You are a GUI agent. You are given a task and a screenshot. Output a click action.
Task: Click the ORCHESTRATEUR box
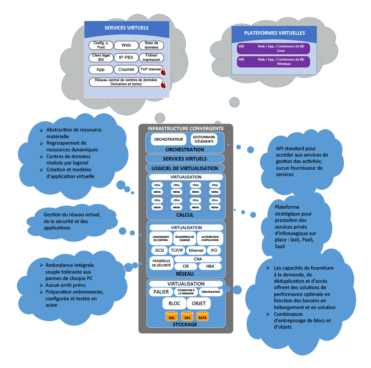(x=168, y=139)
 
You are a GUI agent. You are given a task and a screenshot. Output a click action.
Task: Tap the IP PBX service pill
(x=126, y=57)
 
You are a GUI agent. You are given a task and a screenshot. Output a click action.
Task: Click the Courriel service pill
(x=126, y=69)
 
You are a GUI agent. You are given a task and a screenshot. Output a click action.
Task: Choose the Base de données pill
(x=151, y=45)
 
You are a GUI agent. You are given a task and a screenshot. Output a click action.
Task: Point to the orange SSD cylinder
(x=171, y=317)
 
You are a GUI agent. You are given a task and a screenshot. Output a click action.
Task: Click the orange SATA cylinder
(x=202, y=317)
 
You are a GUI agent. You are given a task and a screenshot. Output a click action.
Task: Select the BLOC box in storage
(x=174, y=303)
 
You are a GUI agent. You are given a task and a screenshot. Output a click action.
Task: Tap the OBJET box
(x=199, y=303)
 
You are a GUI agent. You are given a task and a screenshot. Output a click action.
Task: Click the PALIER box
(x=161, y=292)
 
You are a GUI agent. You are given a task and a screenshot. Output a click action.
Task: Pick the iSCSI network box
(x=159, y=251)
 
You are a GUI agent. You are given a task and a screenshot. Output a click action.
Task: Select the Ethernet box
(x=196, y=251)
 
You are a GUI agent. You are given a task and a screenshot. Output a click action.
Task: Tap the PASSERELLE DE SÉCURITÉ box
(x=161, y=263)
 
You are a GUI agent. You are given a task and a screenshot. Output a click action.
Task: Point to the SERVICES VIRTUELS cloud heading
(x=126, y=28)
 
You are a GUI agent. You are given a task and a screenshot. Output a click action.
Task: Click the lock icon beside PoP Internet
(x=163, y=72)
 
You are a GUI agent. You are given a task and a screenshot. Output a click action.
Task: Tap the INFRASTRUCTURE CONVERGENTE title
(x=185, y=129)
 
